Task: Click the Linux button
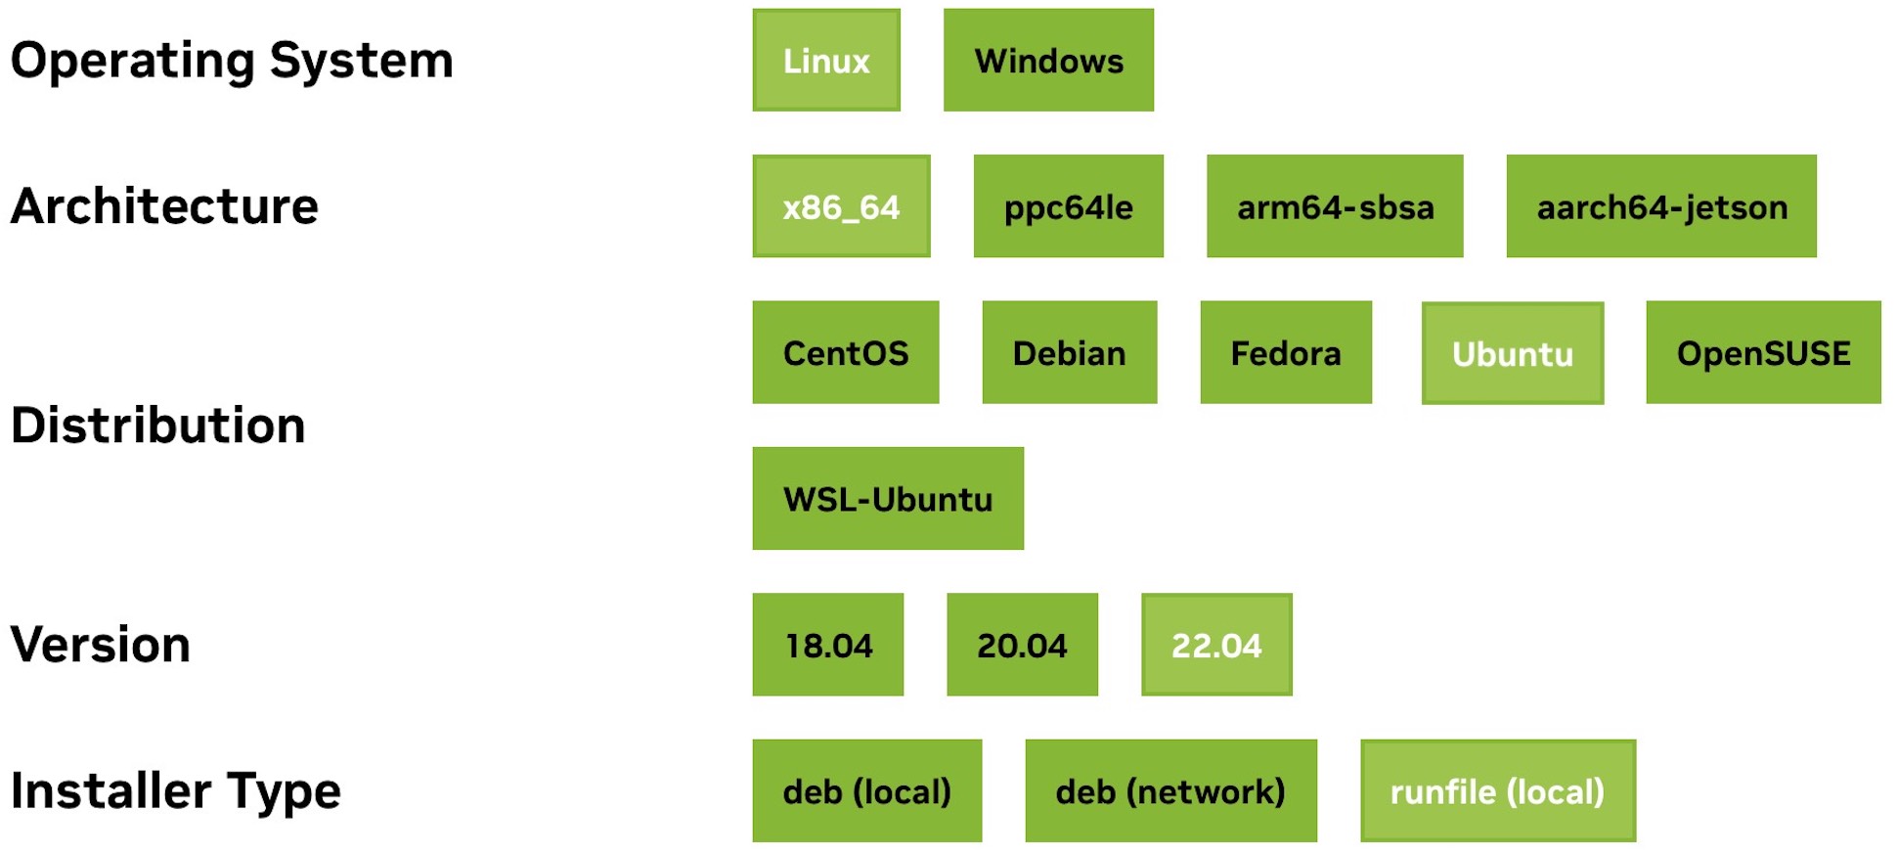pyautogui.click(x=826, y=60)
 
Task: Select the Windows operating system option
pyautogui.click(x=1048, y=60)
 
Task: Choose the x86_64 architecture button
pyautogui.click(x=841, y=206)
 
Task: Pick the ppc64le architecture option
pyautogui.click(x=1069, y=206)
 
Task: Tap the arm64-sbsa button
pyautogui.click(x=1335, y=206)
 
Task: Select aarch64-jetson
pyautogui.click(x=1661, y=206)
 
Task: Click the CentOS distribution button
pyautogui.click(x=846, y=352)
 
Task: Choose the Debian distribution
pyautogui.click(x=1070, y=352)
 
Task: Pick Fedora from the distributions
pyautogui.click(x=1286, y=352)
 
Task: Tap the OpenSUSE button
pyautogui.click(x=1763, y=352)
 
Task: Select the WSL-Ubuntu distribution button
pyautogui.click(x=888, y=499)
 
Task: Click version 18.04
pyautogui.click(x=828, y=645)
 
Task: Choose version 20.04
pyautogui.click(x=1022, y=645)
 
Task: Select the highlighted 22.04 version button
pyautogui.click(x=1216, y=645)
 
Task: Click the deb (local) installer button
pyautogui.click(x=867, y=790)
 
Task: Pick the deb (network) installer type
pyautogui.click(x=1170, y=790)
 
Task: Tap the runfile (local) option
pyautogui.click(x=1498, y=790)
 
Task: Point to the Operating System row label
pyautogui.click(x=232, y=61)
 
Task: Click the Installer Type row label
pyautogui.click(x=176, y=790)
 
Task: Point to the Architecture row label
pyautogui.click(x=164, y=206)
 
